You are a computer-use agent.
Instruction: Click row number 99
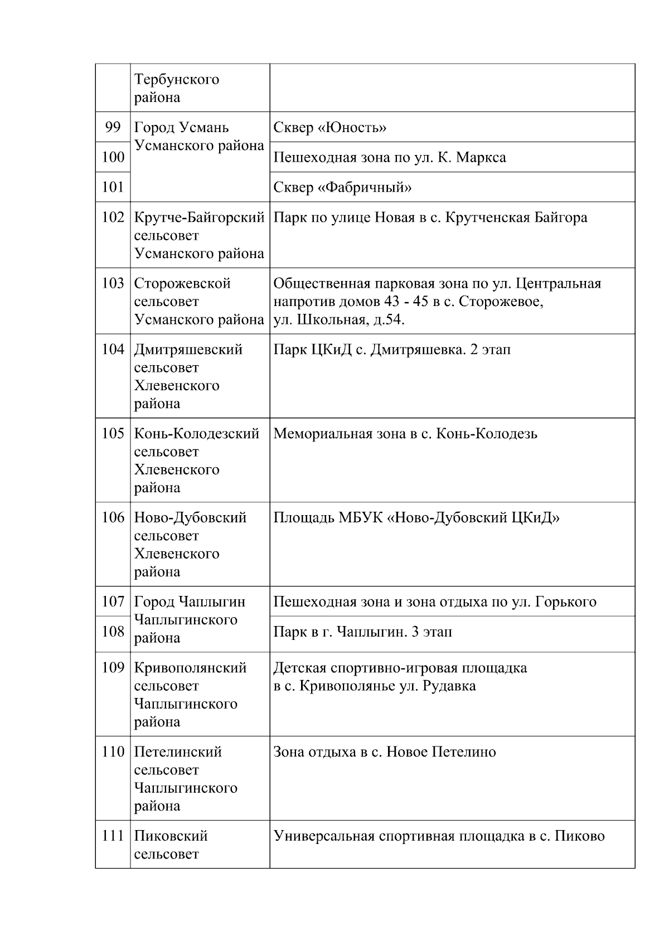113,128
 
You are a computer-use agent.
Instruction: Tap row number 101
113,187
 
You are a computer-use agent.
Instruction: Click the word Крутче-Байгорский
199,217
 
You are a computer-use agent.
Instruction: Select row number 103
113,283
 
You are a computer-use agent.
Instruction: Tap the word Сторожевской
182,284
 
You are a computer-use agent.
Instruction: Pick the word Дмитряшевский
188,350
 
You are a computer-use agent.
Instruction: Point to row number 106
113,518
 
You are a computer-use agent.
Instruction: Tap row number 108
113,632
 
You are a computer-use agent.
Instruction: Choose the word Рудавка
449,686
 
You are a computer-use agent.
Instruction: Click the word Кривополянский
190,668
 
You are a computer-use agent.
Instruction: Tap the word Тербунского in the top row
177,80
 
